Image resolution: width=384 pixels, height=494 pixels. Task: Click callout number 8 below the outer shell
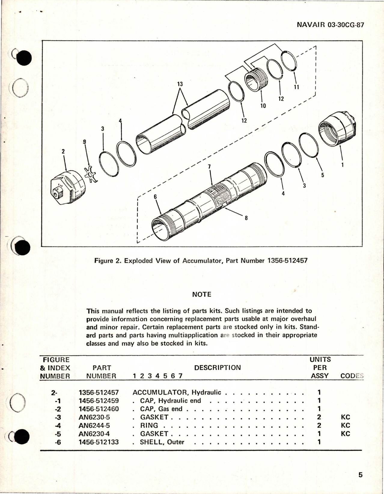tap(246, 218)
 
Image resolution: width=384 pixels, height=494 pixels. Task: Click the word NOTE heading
tap(202, 294)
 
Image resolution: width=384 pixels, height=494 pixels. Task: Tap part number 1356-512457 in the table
tap(99, 392)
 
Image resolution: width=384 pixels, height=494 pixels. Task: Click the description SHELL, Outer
tap(162, 442)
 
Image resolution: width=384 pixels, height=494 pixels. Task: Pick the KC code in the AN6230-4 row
tap(346, 433)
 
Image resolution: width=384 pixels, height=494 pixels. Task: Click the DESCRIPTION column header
tap(218, 368)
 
